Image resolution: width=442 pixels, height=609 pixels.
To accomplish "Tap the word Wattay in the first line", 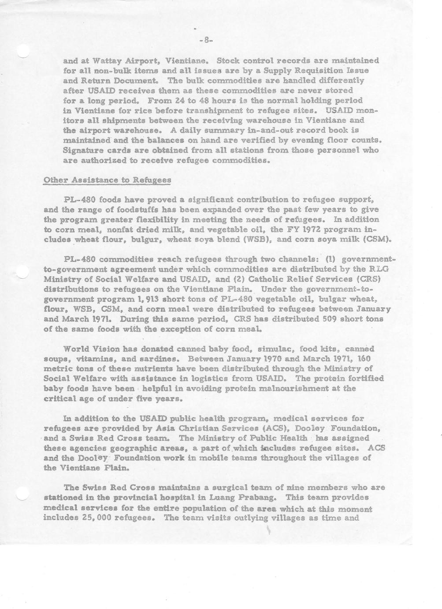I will [107, 60].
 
